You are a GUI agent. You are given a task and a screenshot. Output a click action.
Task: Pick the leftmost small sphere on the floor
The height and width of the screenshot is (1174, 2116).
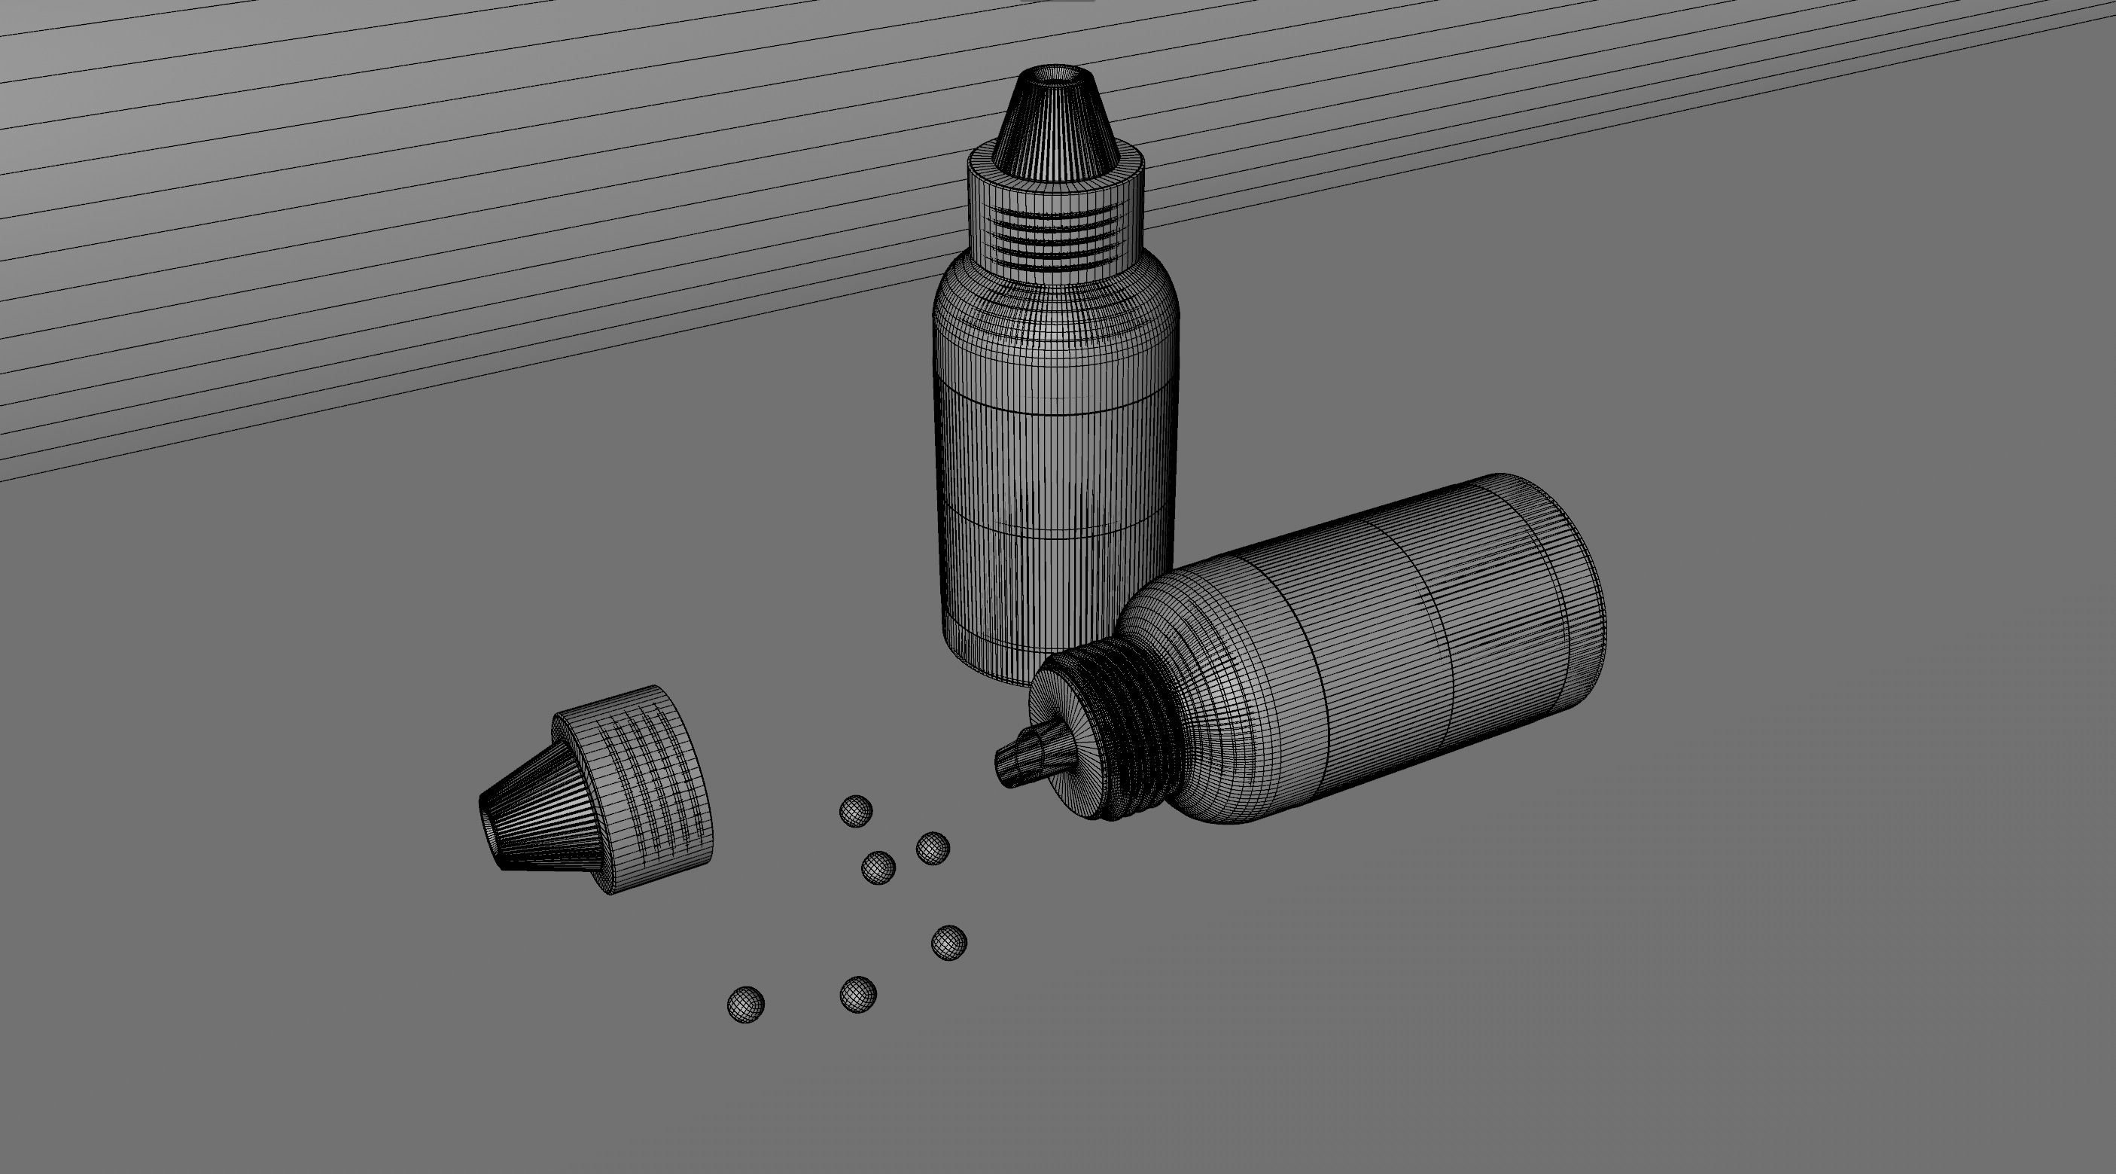coord(746,1005)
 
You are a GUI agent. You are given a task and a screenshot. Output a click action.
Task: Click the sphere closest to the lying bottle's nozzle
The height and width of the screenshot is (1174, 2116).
coord(933,848)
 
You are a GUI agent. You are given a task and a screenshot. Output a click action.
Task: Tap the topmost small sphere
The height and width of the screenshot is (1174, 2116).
coord(855,811)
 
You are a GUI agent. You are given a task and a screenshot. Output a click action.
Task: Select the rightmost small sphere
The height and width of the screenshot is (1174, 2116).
coord(948,942)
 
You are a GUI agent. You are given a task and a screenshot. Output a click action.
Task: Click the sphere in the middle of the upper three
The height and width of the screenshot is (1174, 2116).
coord(878,868)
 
